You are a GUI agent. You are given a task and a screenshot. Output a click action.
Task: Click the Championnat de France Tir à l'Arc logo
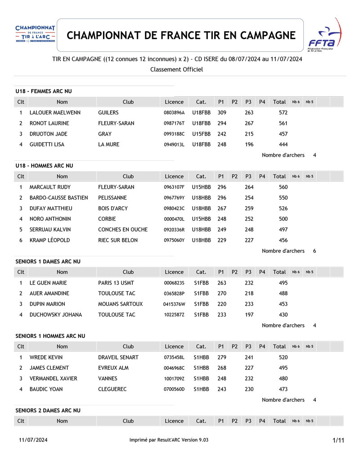(x=35, y=35)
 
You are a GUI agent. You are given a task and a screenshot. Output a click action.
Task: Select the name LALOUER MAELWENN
(x=55, y=113)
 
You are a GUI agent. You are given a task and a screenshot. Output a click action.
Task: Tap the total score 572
(x=283, y=113)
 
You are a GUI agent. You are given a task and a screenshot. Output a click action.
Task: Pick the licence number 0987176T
(x=174, y=123)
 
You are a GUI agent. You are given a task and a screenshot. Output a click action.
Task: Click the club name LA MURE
(x=108, y=145)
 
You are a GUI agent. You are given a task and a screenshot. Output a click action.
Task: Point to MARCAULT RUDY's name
(x=50, y=187)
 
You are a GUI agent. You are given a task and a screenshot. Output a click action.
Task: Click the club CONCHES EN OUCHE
(x=123, y=230)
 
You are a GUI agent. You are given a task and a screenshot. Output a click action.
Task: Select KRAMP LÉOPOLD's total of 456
(x=283, y=241)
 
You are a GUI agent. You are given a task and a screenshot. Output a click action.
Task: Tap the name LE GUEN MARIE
(x=48, y=283)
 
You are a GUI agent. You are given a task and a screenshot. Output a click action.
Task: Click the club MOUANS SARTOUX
(x=120, y=304)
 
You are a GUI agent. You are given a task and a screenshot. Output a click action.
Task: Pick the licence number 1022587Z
(x=174, y=315)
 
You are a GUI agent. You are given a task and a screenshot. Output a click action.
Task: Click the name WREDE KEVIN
(x=46, y=357)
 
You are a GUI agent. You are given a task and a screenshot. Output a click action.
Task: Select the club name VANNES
(x=108, y=379)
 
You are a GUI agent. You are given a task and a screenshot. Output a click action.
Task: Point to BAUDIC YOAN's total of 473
(x=283, y=389)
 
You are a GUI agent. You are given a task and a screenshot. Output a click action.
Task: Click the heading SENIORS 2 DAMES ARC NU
(x=48, y=410)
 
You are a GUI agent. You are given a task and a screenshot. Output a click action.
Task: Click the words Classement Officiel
(x=176, y=69)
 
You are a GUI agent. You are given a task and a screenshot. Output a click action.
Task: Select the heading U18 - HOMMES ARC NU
(x=44, y=166)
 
